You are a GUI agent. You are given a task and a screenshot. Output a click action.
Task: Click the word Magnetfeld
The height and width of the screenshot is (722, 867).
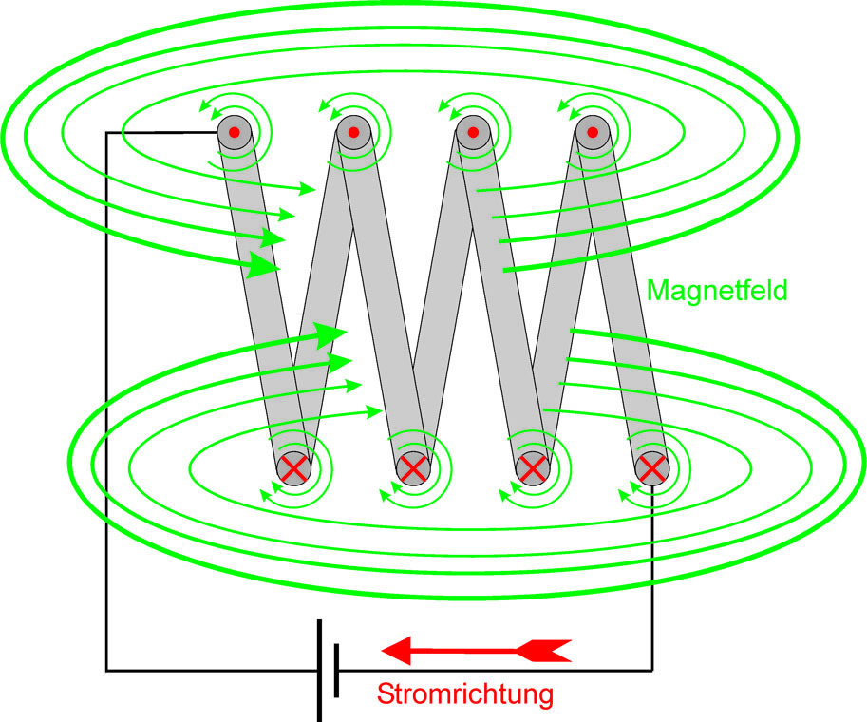click(717, 290)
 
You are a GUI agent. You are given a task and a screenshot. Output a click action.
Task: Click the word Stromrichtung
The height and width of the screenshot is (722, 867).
click(464, 694)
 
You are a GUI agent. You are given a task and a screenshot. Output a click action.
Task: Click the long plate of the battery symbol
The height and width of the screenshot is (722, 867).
click(320, 670)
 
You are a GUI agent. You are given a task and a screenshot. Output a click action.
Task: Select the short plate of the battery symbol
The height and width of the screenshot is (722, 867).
click(337, 670)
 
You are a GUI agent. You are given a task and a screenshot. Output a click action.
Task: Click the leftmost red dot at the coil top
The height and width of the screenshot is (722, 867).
click(234, 132)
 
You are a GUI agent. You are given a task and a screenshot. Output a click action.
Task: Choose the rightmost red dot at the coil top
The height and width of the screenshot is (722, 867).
click(592, 132)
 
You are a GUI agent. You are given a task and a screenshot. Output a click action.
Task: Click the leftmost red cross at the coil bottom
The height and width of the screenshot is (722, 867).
click(294, 467)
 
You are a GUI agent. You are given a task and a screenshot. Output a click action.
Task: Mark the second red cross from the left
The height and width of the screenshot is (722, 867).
click(413, 467)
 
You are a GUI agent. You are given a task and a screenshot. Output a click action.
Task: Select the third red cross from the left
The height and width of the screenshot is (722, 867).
click(533, 467)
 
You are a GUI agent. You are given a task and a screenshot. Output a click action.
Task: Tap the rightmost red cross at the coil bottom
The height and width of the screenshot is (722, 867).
click(651, 467)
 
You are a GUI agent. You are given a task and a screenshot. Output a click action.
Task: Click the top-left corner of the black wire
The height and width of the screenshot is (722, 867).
click(106, 133)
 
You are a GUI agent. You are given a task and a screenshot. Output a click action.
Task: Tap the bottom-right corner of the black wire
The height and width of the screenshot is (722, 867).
click(652, 669)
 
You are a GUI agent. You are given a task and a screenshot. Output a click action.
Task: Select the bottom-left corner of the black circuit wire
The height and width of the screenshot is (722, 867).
click(106, 669)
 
